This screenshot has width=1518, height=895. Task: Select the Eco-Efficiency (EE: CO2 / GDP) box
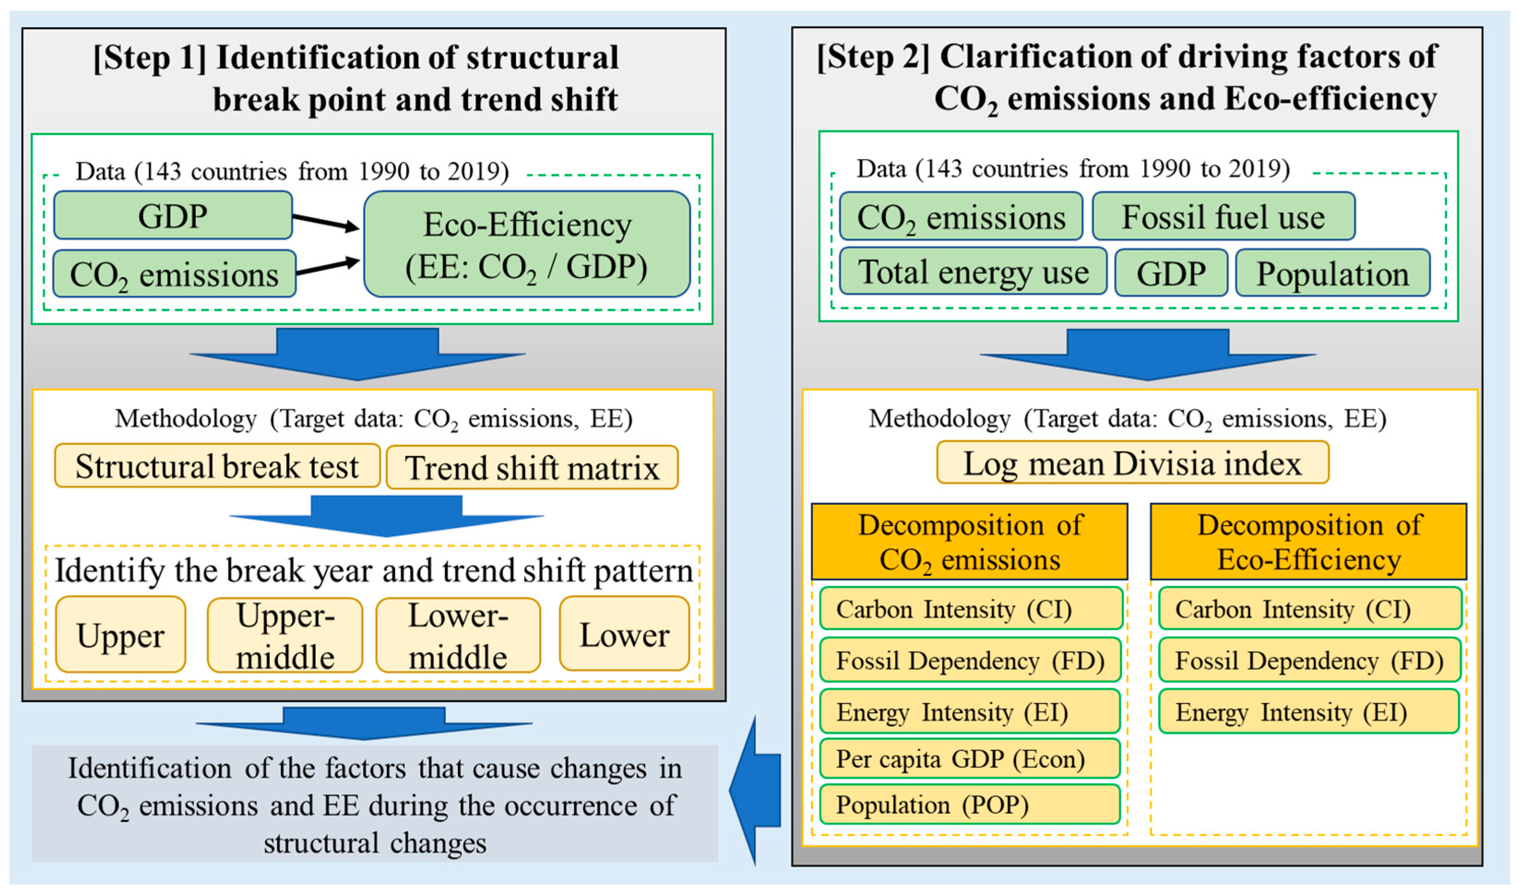pyautogui.click(x=526, y=244)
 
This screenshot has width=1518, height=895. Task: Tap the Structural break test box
pyautogui.click(x=217, y=466)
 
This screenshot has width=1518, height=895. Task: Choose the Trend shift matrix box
pyautogui.click(x=532, y=467)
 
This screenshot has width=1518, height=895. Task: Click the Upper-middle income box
pyautogui.click(x=285, y=635)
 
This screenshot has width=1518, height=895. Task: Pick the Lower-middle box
pyautogui.click(x=458, y=635)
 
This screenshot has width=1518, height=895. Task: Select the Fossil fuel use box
pyautogui.click(x=1222, y=217)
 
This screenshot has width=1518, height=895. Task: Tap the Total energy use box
pyautogui.click(x=972, y=272)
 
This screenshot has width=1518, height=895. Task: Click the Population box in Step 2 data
pyautogui.click(x=1332, y=273)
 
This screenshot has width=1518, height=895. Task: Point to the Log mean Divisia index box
pyautogui.click(x=1132, y=463)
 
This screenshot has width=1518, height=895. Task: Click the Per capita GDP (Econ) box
pyautogui.click(x=970, y=759)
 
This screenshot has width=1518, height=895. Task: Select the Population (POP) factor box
pyautogui.click(x=970, y=805)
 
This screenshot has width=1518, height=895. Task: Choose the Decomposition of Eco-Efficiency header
pyautogui.click(x=1308, y=542)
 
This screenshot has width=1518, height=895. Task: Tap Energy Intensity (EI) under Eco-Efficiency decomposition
pyautogui.click(x=1308, y=712)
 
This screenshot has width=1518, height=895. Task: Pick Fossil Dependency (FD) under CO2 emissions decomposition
pyautogui.click(x=970, y=660)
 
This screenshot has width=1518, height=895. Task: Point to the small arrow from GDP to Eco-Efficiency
pyautogui.click(x=326, y=222)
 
